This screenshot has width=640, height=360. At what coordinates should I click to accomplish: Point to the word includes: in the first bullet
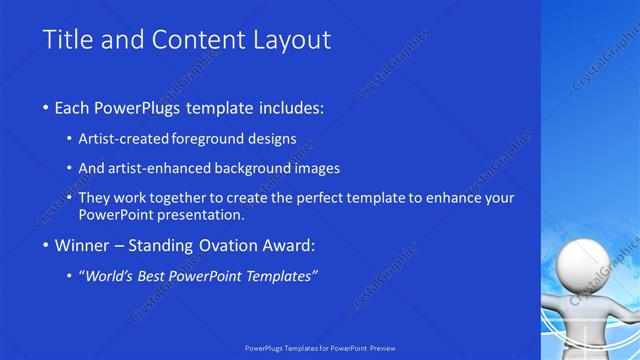pos(290,107)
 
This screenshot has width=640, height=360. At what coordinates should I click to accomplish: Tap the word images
pos(319,168)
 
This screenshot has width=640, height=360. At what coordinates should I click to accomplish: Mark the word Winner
pos(84,245)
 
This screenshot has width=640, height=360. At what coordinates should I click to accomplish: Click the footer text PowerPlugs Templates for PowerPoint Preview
pos(320,350)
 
